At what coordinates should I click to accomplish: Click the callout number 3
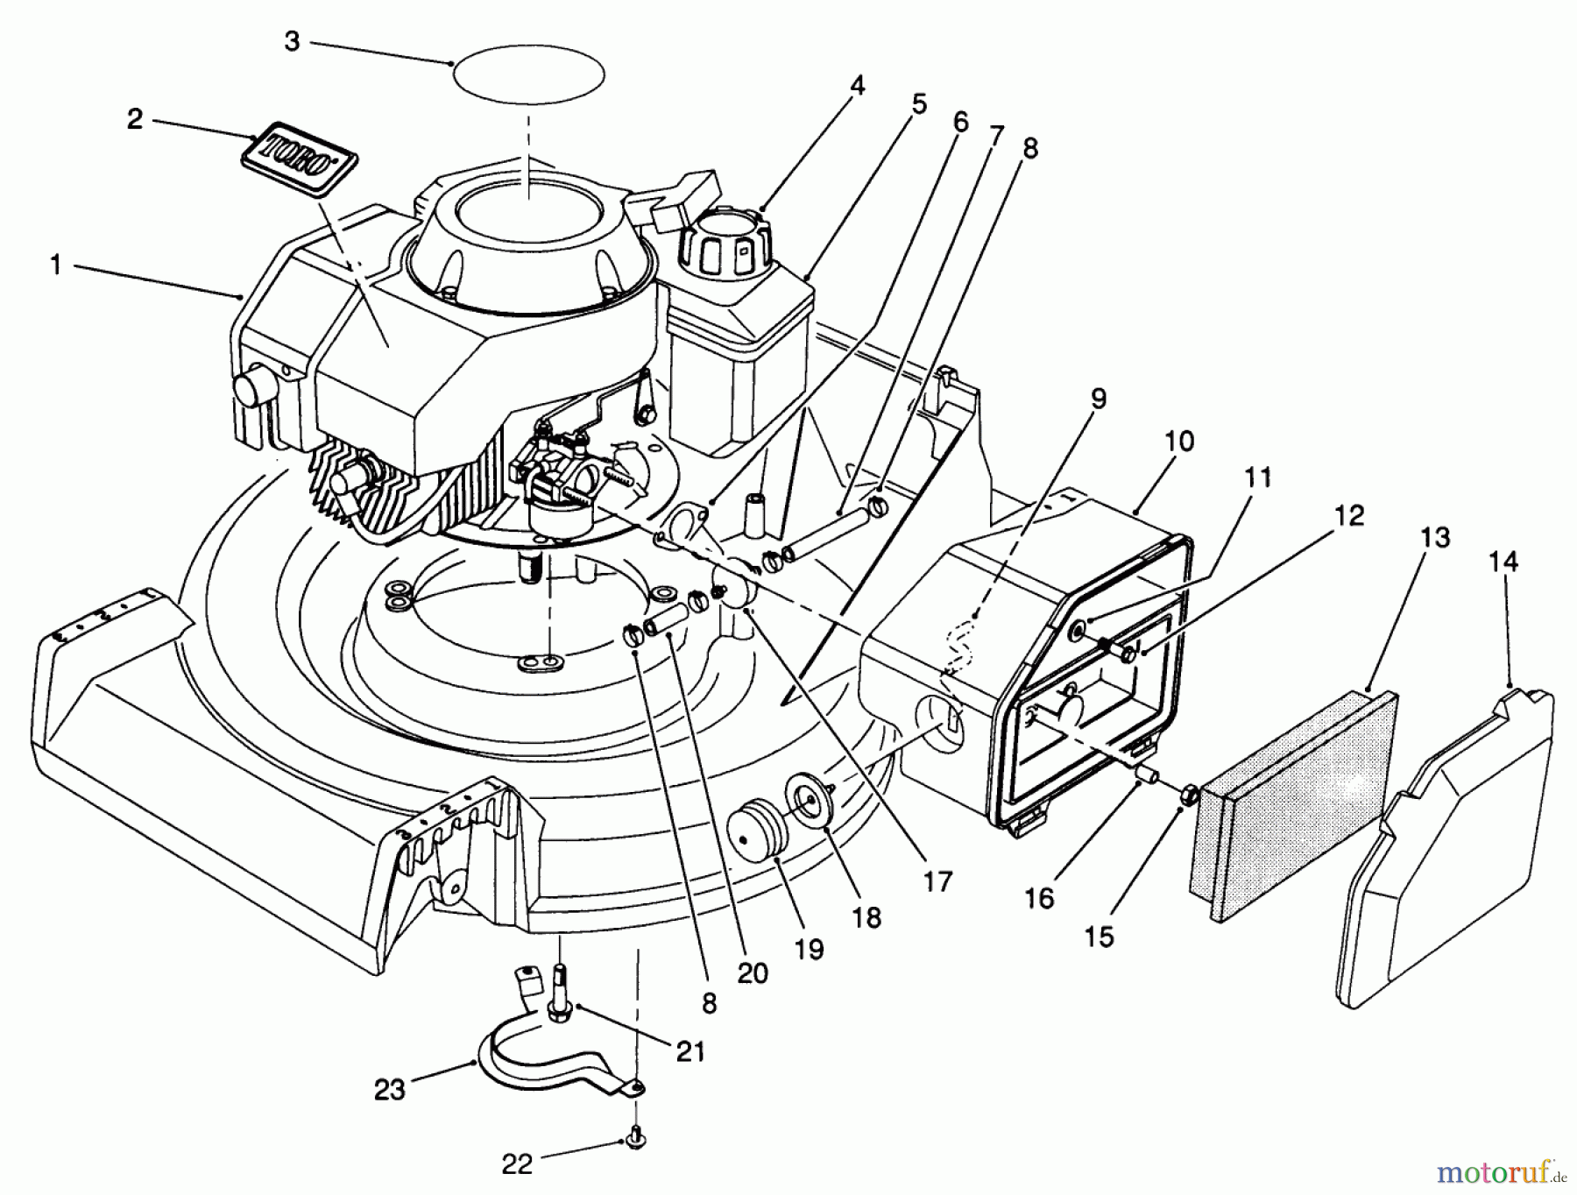[x=292, y=41]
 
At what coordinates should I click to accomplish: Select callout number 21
[x=690, y=1051]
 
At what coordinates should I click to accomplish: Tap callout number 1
[x=56, y=265]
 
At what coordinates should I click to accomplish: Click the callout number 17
[x=937, y=880]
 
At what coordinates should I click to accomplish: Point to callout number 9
[x=1098, y=399]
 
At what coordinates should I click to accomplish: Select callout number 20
[x=753, y=972]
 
